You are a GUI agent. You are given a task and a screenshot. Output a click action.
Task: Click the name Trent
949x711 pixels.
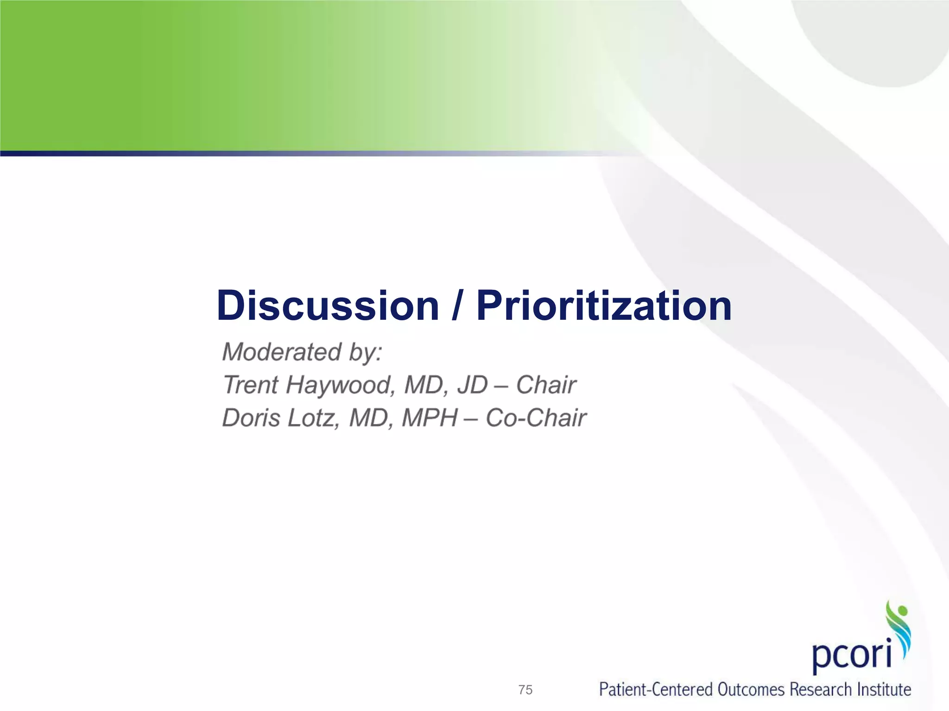tap(250, 385)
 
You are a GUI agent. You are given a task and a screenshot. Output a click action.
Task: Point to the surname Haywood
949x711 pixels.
tap(340, 385)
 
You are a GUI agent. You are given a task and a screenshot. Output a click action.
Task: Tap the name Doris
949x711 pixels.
tap(251, 418)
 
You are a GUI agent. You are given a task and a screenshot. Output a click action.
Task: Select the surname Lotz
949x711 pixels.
tap(310, 418)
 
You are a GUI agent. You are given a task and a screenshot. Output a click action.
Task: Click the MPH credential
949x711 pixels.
tap(430, 418)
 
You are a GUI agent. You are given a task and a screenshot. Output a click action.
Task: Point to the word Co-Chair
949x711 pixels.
tap(536, 418)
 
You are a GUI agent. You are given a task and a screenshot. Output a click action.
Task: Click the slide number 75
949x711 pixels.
tap(525, 690)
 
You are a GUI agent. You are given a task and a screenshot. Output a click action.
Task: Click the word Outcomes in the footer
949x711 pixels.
tap(752, 690)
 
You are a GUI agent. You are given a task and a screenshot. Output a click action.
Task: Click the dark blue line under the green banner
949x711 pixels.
tap(185, 153)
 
